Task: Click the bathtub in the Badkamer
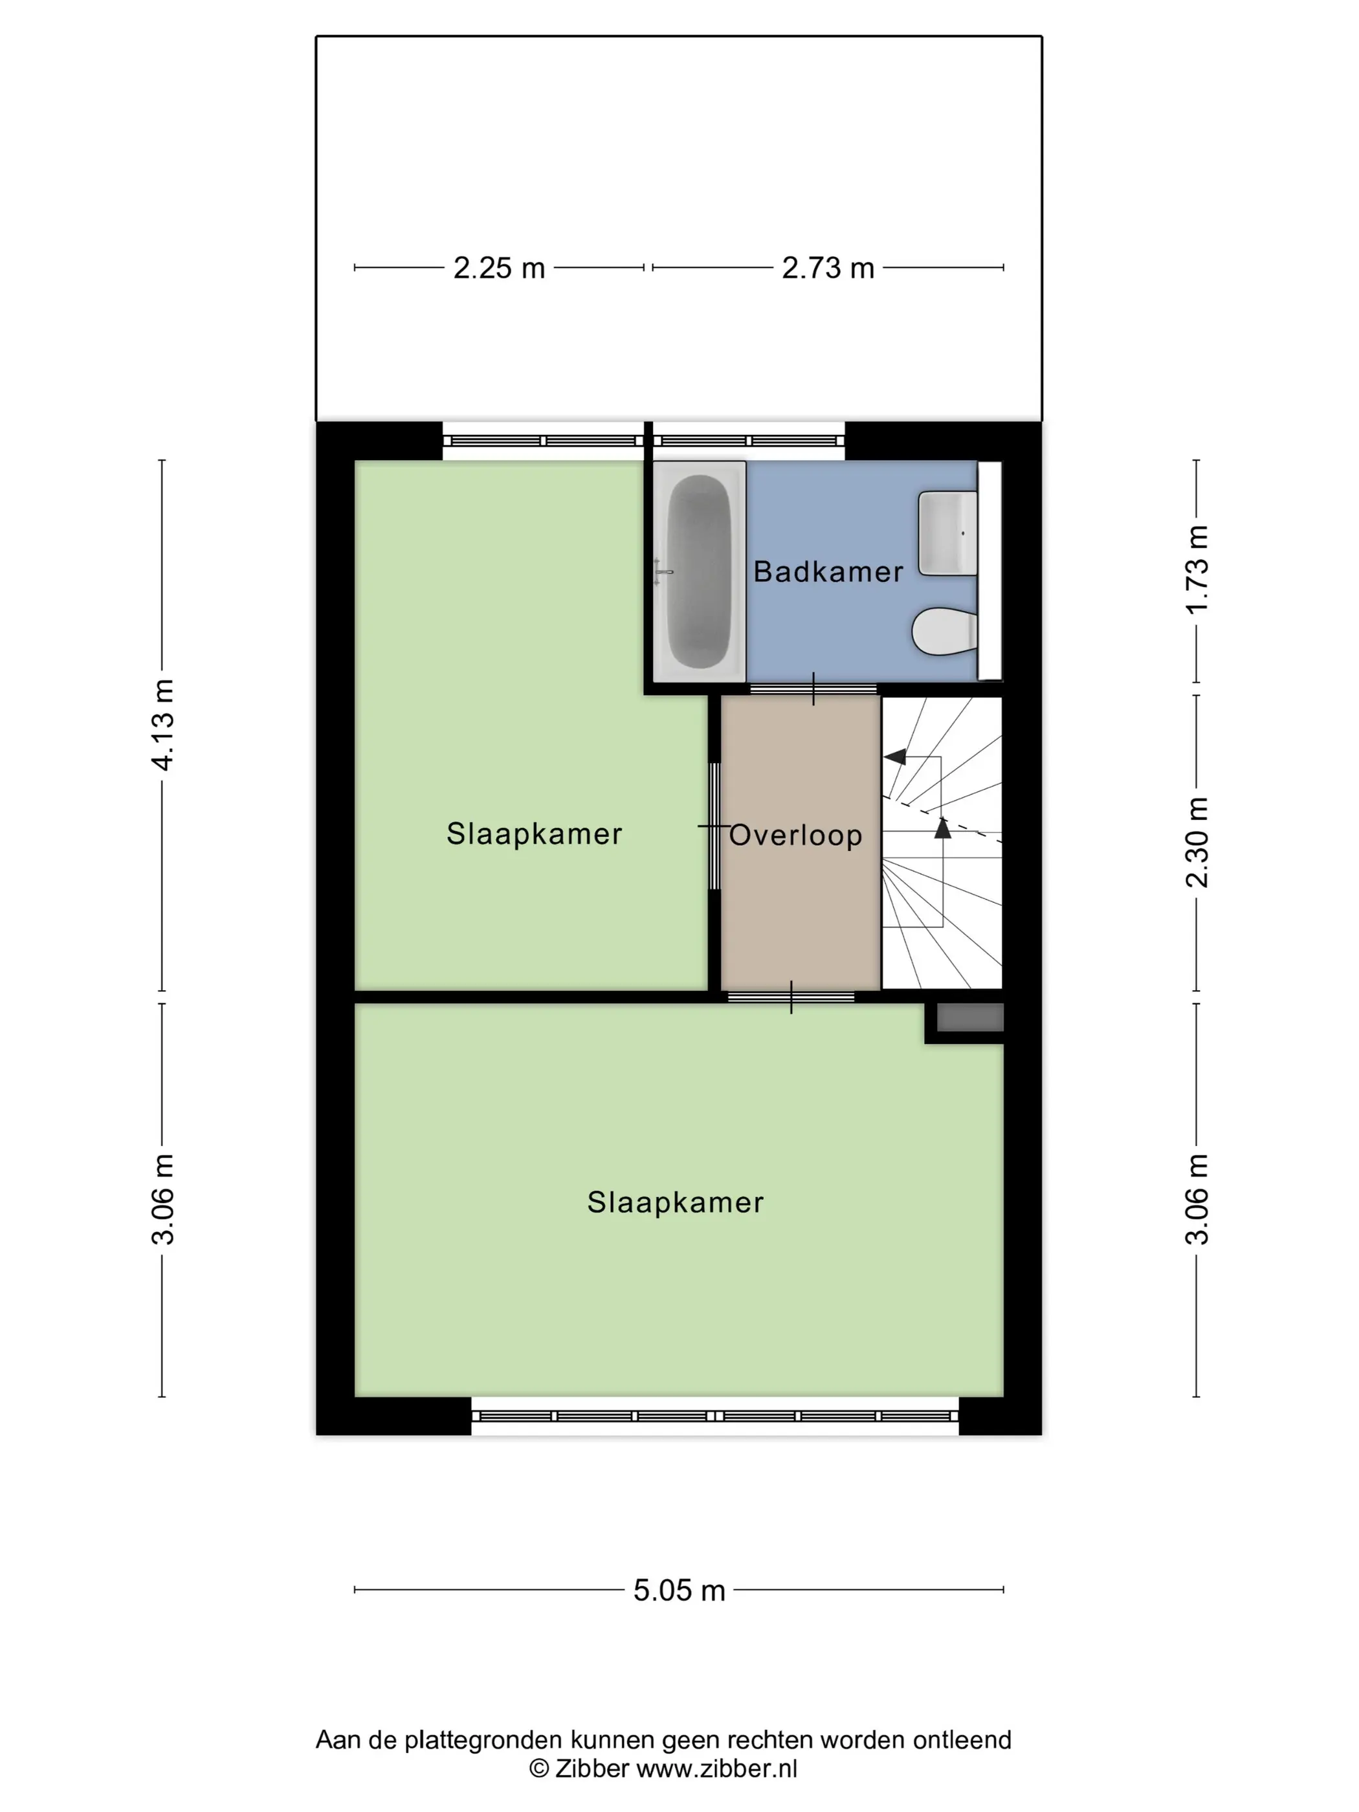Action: click(x=699, y=570)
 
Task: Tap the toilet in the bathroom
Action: click(x=944, y=631)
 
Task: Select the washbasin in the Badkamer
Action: click(x=948, y=533)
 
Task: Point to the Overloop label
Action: click(x=795, y=835)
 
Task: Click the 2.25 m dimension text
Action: click(x=499, y=268)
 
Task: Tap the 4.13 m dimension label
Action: click(x=163, y=724)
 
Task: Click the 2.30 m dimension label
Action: click(x=1197, y=841)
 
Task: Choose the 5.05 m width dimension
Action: click(x=679, y=1590)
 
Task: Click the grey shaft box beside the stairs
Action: click(x=970, y=1017)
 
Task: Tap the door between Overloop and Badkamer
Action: click(x=813, y=689)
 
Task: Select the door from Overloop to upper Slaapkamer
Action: click(x=714, y=826)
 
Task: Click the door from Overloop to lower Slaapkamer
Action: click(x=791, y=997)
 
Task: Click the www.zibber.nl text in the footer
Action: click(x=717, y=1768)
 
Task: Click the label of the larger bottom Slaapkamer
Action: click(x=675, y=1202)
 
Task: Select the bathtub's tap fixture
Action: click(x=663, y=571)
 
